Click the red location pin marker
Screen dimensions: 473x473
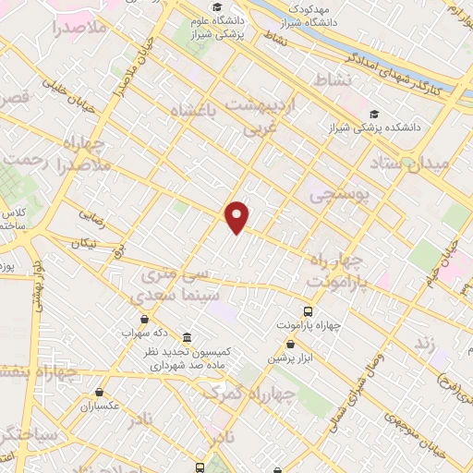pyautogui.click(x=238, y=217)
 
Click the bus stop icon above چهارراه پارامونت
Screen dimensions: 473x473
pyautogui.click(x=309, y=311)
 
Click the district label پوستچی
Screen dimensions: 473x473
pyautogui.click(x=338, y=195)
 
